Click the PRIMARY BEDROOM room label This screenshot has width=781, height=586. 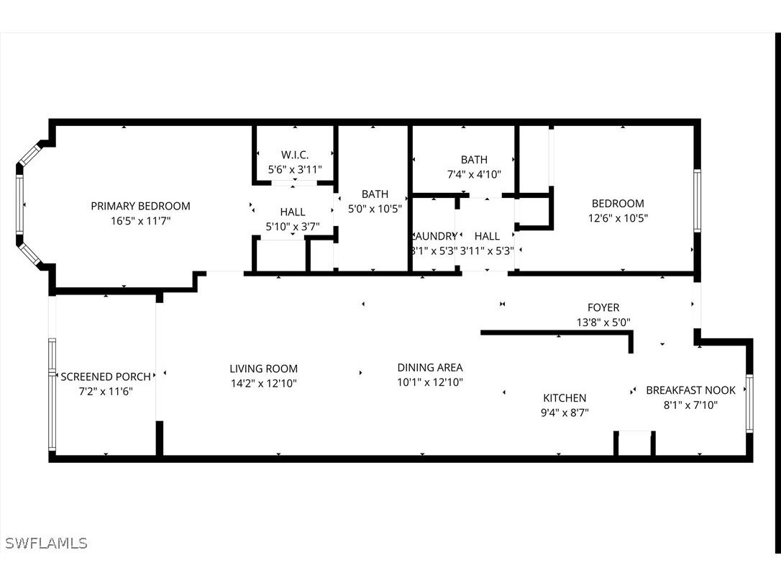click(140, 206)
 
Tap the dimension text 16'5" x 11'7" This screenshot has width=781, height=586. click(140, 221)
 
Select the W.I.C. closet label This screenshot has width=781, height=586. click(295, 155)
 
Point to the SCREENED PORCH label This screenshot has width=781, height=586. click(106, 377)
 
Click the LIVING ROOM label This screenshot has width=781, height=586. click(263, 369)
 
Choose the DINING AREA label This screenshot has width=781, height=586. click(430, 368)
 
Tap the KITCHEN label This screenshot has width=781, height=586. click(565, 398)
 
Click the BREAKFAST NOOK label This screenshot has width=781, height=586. click(690, 390)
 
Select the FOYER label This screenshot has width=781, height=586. click(603, 307)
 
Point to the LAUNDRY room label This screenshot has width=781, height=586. click(434, 236)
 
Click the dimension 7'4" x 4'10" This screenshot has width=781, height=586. click(474, 174)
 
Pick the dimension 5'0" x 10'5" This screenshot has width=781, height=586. click(375, 209)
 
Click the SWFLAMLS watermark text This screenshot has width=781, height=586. click(46, 543)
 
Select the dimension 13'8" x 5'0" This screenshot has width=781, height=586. click(603, 323)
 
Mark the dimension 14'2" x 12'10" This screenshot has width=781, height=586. click(263, 383)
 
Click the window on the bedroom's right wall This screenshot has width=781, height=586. click(696, 200)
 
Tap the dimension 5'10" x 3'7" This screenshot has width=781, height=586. click(293, 227)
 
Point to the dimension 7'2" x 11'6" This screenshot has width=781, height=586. click(106, 391)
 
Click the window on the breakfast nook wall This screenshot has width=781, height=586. click(749, 403)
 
